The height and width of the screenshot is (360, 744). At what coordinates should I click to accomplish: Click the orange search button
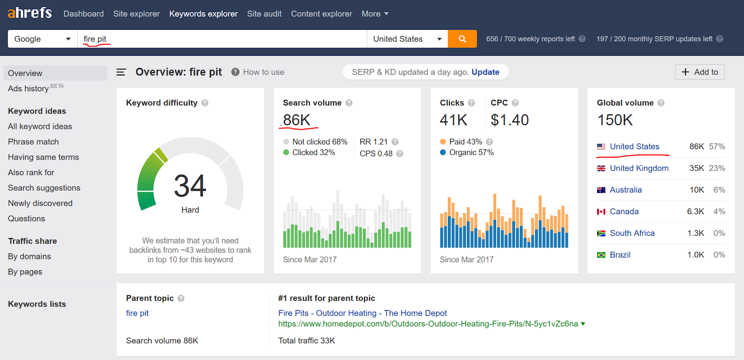(462, 39)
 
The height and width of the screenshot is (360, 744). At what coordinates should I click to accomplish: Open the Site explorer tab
(136, 14)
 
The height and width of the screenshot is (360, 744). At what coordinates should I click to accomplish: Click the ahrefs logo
(30, 13)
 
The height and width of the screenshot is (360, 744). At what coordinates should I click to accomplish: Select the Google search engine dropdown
(42, 39)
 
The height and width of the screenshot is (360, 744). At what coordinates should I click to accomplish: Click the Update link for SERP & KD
(485, 72)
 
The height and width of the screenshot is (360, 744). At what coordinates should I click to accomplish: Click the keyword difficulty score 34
(190, 186)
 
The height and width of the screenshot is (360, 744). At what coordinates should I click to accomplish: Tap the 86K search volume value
(297, 120)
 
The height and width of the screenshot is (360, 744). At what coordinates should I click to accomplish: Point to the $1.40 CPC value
(510, 120)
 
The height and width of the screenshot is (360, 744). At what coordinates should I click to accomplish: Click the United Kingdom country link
(639, 168)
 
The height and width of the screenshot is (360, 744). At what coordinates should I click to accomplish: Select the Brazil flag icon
(601, 255)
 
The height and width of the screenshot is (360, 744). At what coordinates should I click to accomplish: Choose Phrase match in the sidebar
(33, 142)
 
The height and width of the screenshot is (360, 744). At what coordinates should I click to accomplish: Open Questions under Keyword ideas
(27, 219)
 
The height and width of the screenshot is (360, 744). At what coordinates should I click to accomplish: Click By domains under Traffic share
(29, 256)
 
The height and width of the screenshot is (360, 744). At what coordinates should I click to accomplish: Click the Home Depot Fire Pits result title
(362, 313)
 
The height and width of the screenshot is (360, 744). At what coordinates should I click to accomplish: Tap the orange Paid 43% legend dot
(443, 142)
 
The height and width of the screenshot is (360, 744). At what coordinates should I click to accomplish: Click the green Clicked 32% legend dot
(286, 153)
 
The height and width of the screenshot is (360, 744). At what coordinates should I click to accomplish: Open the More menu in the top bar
(375, 14)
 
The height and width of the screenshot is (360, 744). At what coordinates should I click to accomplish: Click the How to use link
(263, 72)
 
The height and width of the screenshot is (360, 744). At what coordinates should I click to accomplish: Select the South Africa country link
(632, 233)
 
